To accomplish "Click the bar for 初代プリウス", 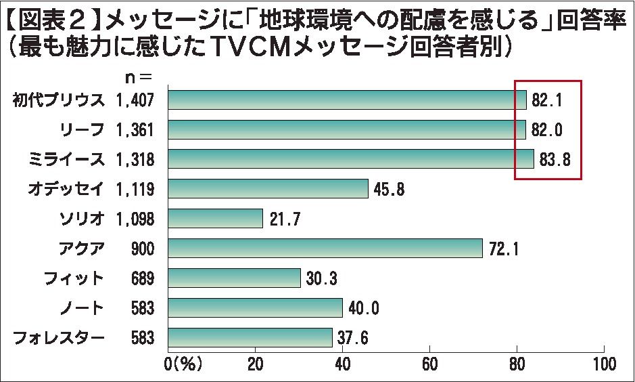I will [346, 100].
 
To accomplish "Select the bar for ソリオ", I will [215, 218].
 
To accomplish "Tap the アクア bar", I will [325, 248].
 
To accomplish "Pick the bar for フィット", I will [234, 278].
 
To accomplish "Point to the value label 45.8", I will [389, 190].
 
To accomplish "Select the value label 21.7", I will [284, 219].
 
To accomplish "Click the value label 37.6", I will [353, 337].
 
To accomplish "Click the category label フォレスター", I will [60, 337].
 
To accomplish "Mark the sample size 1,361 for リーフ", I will [135, 129].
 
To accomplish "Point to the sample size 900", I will [143, 249].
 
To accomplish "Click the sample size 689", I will [143, 278].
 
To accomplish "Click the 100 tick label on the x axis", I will [603, 363].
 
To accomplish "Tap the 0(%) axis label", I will [184, 363].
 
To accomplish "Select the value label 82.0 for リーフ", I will [548, 130].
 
